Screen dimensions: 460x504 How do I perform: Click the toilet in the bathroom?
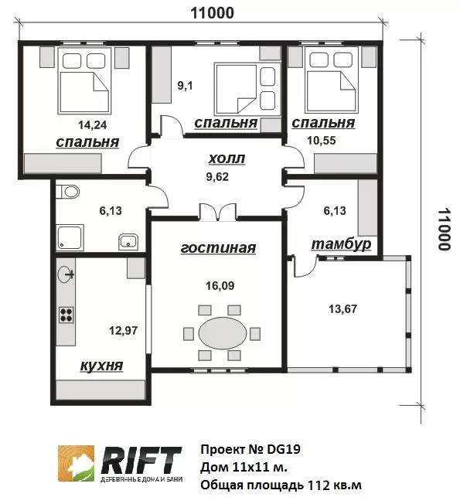click(68, 192)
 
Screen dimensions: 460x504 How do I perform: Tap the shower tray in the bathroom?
click(70, 237)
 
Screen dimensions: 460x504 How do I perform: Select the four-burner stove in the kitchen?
click(66, 315)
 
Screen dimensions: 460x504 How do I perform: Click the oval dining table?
click(223, 333)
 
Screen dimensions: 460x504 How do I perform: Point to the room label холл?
click(227, 158)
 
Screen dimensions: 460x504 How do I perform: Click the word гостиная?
click(218, 248)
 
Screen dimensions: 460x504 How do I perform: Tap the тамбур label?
click(341, 244)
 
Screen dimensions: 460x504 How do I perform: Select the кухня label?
click(101, 366)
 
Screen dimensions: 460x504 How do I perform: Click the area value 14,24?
click(93, 124)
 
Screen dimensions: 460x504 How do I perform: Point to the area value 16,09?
click(220, 285)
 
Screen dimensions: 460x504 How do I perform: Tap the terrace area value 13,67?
click(342, 309)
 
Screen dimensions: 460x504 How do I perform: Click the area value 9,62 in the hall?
click(217, 177)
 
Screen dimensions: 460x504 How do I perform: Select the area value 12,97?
click(124, 330)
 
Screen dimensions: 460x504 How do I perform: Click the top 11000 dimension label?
click(213, 13)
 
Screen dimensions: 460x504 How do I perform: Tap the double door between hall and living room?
click(218, 213)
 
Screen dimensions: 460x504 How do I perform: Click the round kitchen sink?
click(66, 275)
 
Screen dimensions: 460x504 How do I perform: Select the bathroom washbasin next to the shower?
click(128, 242)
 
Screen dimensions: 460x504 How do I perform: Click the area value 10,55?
click(322, 141)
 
